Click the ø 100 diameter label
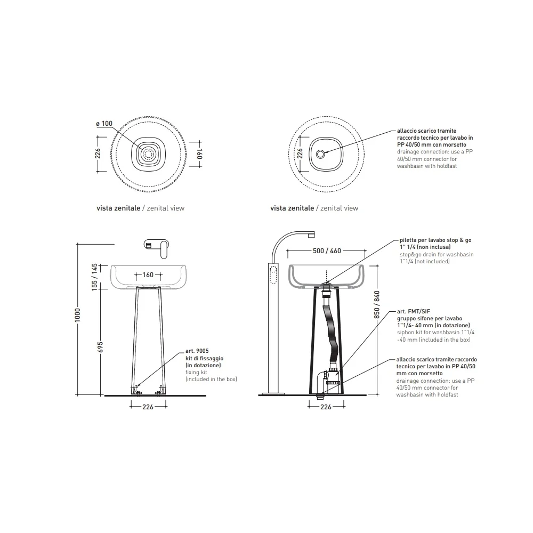104,124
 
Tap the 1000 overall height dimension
78,315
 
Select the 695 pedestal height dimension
100,347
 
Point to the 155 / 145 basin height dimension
94,277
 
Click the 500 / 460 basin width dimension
327,251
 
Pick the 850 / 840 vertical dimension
377,304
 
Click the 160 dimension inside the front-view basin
148,274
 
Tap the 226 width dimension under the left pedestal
148,407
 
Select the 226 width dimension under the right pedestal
326,407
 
